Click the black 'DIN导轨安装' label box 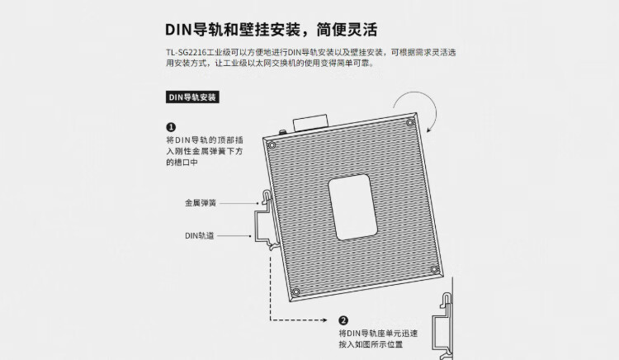(x=192, y=97)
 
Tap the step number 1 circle (x=171, y=127)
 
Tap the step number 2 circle (x=343, y=320)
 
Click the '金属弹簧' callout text (x=201, y=202)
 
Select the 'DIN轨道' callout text (x=200, y=235)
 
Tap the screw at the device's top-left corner (x=272, y=146)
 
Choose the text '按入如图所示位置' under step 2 (x=371, y=343)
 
